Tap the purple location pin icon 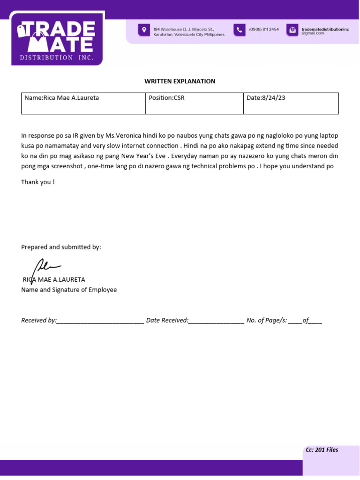[143, 30]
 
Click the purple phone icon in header [240, 30]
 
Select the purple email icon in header [292, 30]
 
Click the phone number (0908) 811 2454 [264, 30]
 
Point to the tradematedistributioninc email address [325, 31]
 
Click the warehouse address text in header [188, 32]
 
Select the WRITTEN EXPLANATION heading [180, 81]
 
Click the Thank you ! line [38, 182]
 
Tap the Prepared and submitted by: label [61, 247]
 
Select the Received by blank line [100, 321]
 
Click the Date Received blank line [216, 321]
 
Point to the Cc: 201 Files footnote [322, 450]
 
